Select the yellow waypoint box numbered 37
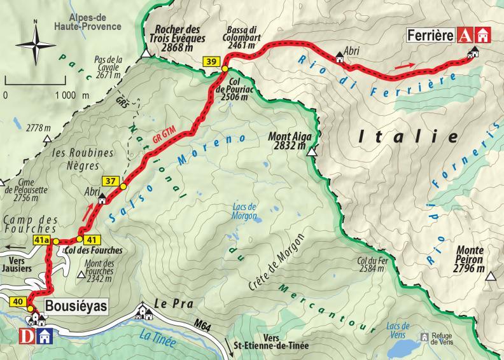coord(110,181)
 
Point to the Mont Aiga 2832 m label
coord(289,140)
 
